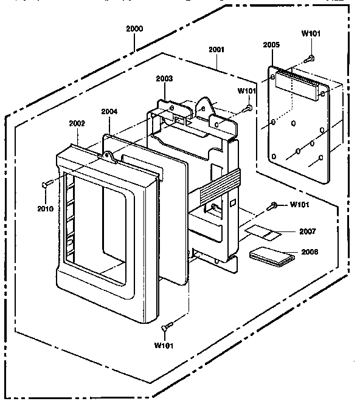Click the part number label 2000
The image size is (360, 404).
[134, 29]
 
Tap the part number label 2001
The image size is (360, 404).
[216, 49]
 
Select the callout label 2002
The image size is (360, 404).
[77, 123]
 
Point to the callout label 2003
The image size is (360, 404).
[164, 78]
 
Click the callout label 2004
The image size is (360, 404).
[109, 112]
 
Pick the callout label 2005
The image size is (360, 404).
[271, 45]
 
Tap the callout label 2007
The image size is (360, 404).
[307, 231]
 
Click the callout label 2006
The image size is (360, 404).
[310, 252]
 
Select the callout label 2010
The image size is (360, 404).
[46, 208]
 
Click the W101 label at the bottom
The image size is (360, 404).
[164, 345]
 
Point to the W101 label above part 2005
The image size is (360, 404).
[311, 33]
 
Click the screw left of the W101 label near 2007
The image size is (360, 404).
[272, 206]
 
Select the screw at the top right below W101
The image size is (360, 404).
[309, 59]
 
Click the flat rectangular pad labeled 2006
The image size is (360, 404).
[272, 256]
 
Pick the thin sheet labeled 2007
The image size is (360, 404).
[263, 233]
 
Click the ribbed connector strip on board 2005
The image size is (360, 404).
[297, 84]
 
